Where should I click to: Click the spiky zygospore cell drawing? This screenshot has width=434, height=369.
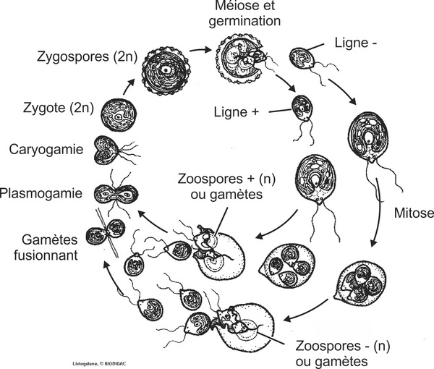(x=167, y=72)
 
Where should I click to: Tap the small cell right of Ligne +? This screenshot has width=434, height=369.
(x=300, y=109)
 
